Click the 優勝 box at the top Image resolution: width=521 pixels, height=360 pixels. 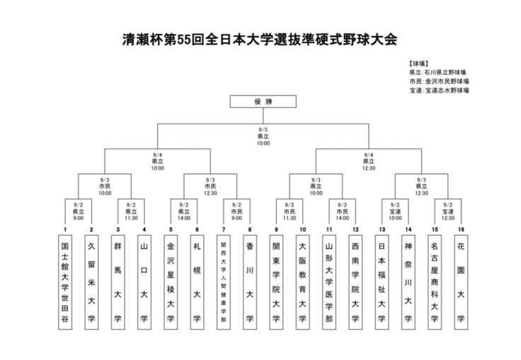click(x=263, y=102)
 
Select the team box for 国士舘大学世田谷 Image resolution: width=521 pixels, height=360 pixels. click(x=64, y=281)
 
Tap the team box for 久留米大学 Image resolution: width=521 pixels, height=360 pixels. click(x=91, y=281)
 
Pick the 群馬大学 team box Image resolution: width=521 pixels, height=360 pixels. click(x=118, y=281)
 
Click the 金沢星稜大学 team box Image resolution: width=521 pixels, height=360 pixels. click(x=170, y=281)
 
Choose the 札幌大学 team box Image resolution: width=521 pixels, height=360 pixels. click(x=197, y=281)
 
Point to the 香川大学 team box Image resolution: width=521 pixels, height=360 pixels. click(x=249, y=281)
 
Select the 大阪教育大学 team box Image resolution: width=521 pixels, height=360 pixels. click(x=302, y=281)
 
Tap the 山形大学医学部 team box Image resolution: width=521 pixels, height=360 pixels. click(x=328, y=281)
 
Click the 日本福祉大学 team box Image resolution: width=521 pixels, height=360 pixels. click(x=382, y=281)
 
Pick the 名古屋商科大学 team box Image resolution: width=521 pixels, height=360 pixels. click(x=434, y=281)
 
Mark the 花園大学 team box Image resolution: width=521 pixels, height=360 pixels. click(x=461, y=281)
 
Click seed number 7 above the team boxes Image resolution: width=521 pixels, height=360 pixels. click(x=223, y=230)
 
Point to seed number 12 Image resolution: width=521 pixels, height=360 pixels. click(x=355, y=230)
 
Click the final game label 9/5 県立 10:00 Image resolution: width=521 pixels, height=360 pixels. click(x=263, y=136)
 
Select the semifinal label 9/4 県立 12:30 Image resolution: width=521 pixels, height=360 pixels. click(x=368, y=161)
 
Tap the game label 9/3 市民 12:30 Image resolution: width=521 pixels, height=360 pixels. click(x=210, y=187)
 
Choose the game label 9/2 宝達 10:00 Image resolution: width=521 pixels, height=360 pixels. click(x=395, y=211)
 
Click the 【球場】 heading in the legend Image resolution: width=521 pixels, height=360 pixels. click(x=419, y=63)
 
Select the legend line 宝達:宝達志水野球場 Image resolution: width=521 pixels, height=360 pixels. click(x=438, y=91)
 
